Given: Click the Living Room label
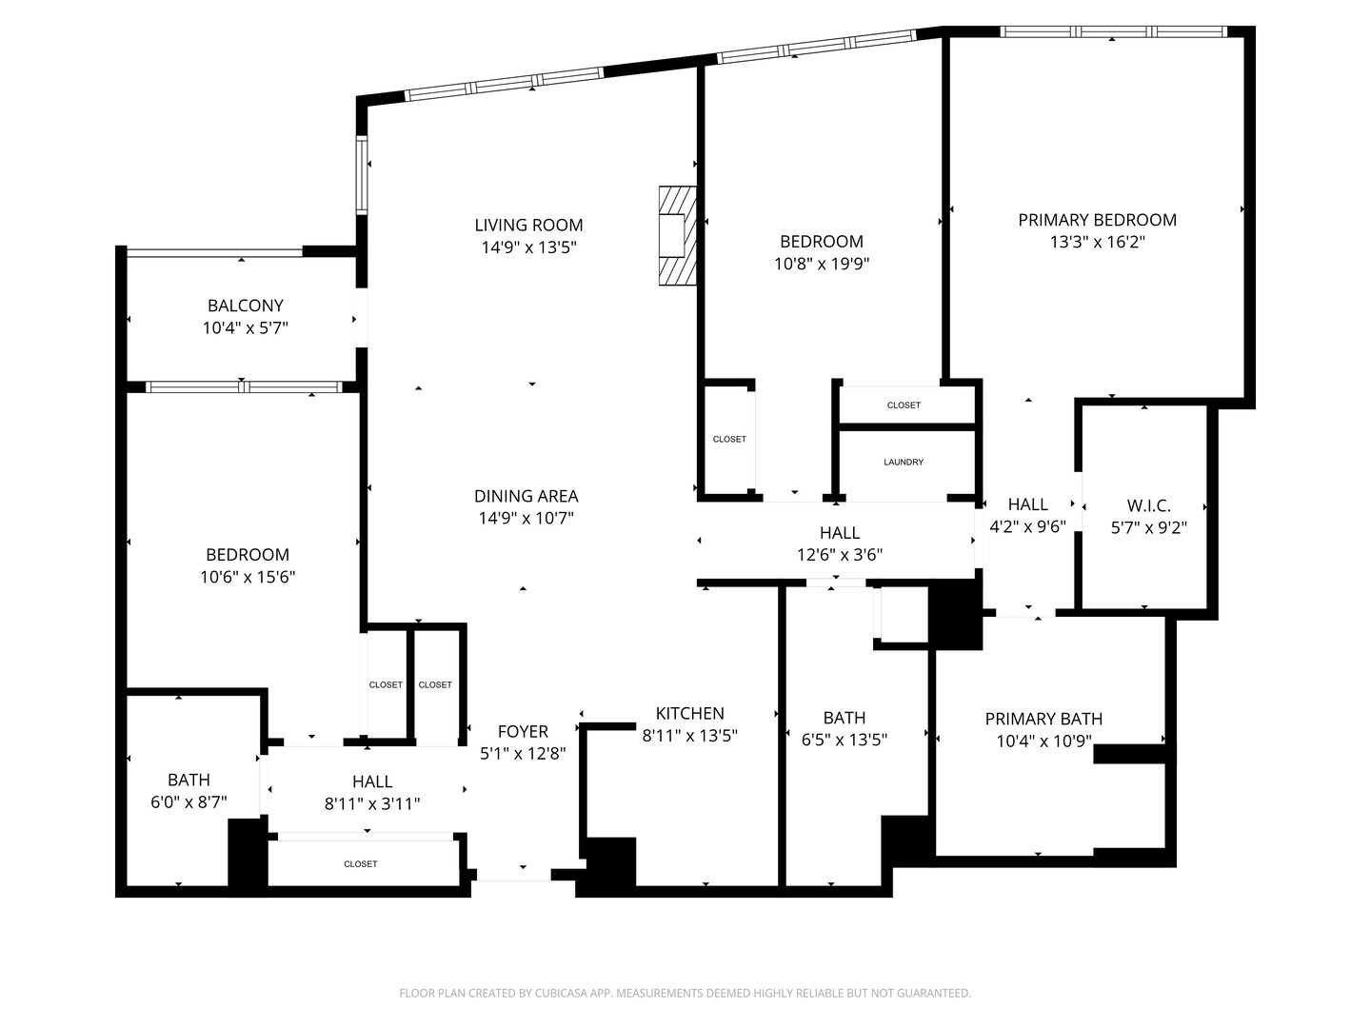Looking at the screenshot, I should coord(528,226).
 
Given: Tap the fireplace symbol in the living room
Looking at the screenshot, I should coord(678,234).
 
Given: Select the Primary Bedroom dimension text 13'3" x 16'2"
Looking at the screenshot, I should coord(1097,243).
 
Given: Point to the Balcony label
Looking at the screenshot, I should coord(246,306).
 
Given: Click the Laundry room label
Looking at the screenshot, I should coord(904,463).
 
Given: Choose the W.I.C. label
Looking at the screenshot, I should coord(1148,505).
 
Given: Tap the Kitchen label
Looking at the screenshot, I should coord(689,713).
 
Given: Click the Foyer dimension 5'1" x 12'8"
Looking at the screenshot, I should coord(523,753).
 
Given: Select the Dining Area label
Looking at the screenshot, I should coord(526,496).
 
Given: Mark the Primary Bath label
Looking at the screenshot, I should coord(1043,719).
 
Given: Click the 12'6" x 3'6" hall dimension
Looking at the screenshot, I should coord(839,555).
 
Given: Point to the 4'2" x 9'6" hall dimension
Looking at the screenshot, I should coord(1027,526).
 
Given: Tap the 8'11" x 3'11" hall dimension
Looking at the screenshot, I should coord(372,803).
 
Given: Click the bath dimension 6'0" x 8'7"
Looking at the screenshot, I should coord(189,802).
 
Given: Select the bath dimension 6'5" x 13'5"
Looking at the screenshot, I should coord(844,740).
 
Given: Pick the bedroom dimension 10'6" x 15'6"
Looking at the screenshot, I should coord(248,577).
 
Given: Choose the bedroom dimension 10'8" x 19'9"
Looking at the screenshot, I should coord(821,264).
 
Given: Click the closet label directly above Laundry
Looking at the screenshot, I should coord(904,405).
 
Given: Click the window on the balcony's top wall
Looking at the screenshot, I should coord(214,252).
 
